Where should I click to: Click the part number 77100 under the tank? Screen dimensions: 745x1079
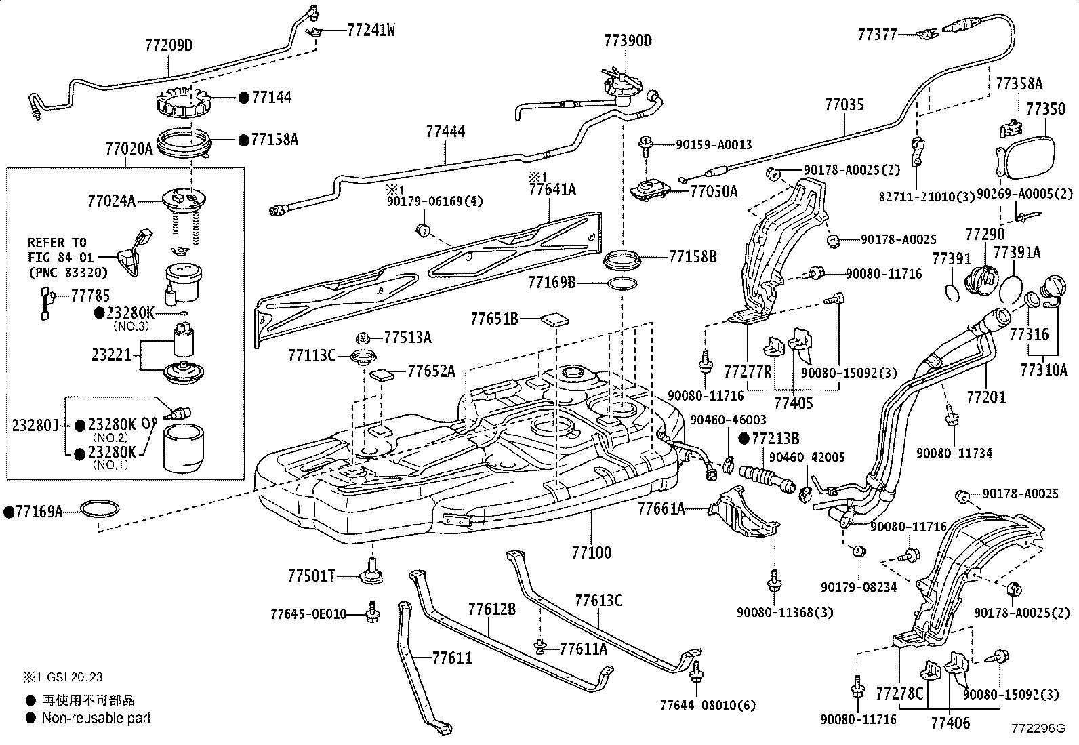[591, 552]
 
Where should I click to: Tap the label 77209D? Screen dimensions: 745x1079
[169, 46]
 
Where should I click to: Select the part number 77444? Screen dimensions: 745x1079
[445, 132]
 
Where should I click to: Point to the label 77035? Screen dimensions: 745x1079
[844, 105]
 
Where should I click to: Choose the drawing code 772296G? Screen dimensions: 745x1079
[1038, 729]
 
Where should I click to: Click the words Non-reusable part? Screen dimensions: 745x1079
[96, 718]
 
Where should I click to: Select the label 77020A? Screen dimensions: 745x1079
[129, 148]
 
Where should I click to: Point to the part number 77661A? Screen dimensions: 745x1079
[661, 508]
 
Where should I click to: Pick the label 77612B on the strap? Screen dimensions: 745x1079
[491, 609]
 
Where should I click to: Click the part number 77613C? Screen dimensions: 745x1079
[598, 601]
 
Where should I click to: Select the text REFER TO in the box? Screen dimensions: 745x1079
[56, 243]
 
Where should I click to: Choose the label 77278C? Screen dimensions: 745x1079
[899, 693]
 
